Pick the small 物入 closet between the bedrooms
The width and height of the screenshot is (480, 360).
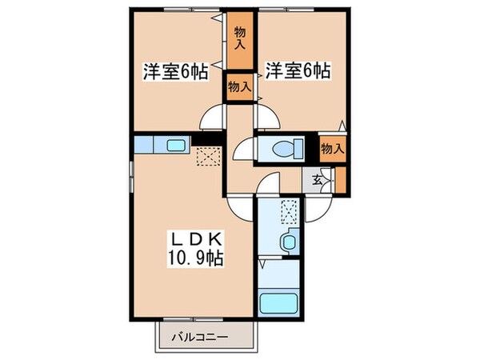(239, 86)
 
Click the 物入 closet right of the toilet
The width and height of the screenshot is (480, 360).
(332, 147)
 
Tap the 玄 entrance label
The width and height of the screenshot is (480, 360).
(318, 180)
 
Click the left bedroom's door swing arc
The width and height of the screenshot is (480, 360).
(211, 118)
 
